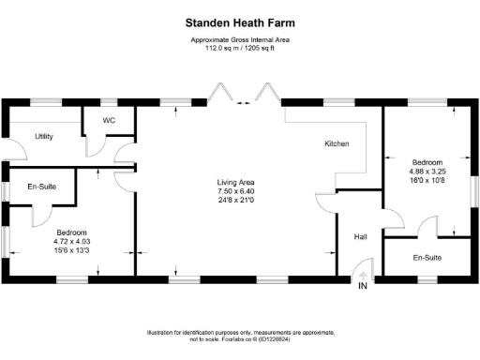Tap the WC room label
pos(109,121)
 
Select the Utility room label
pos(44,137)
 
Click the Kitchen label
pos(337,144)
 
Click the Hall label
pos(358,237)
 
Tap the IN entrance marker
pos(362,286)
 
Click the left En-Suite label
pos(41,187)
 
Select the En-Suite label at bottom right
pos(427,257)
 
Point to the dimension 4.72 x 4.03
pos(71,241)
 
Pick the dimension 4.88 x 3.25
pos(427,172)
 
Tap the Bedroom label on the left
pos(71,232)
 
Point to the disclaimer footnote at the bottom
pos(239,337)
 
